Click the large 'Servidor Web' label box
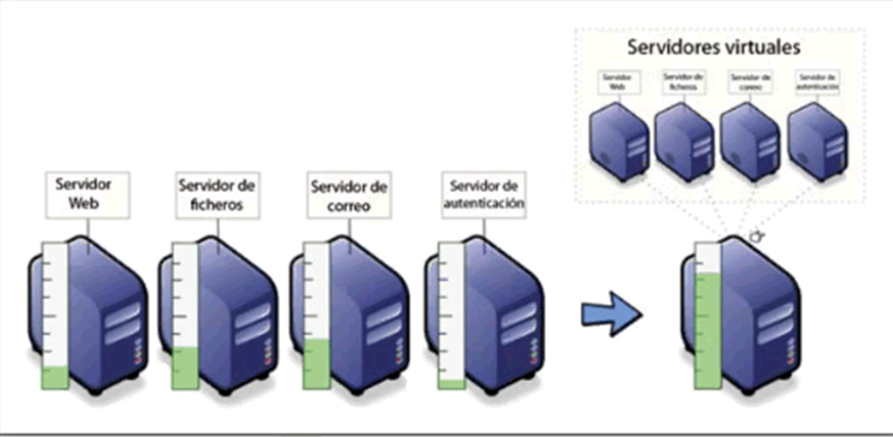pyautogui.click(x=87, y=195)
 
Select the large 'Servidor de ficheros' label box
pyautogui.click(x=218, y=195)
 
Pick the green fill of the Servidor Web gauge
pyautogui.click(x=55, y=377)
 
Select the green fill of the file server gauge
pyautogui.click(x=185, y=367)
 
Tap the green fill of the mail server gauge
pyautogui.click(x=315, y=363)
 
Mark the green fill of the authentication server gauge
pyautogui.click(x=450, y=384)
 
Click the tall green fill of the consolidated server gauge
pyautogui.click(x=707, y=328)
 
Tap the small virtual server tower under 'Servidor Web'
pyautogui.click(x=617, y=141)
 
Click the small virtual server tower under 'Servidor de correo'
pyautogui.click(x=749, y=141)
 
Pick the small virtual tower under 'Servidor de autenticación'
pyautogui.click(x=817, y=141)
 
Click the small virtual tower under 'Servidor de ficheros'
pyautogui.click(x=683, y=141)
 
